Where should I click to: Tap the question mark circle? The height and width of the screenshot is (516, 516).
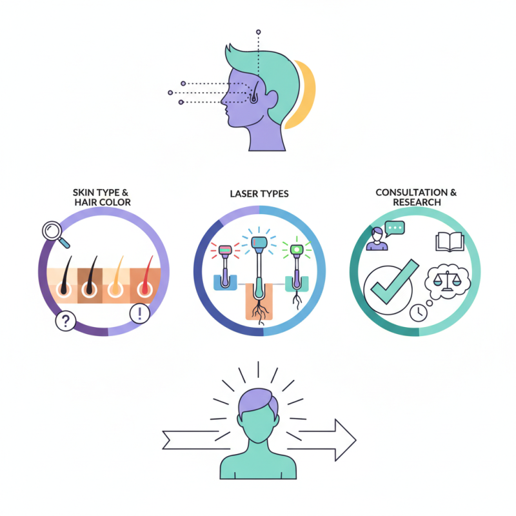click(x=64, y=321)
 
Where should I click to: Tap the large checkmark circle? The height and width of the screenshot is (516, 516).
click(x=388, y=286)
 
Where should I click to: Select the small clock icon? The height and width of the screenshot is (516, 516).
click(x=418, y=312)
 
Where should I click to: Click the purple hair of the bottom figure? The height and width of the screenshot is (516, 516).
click(x=258, y=403)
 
